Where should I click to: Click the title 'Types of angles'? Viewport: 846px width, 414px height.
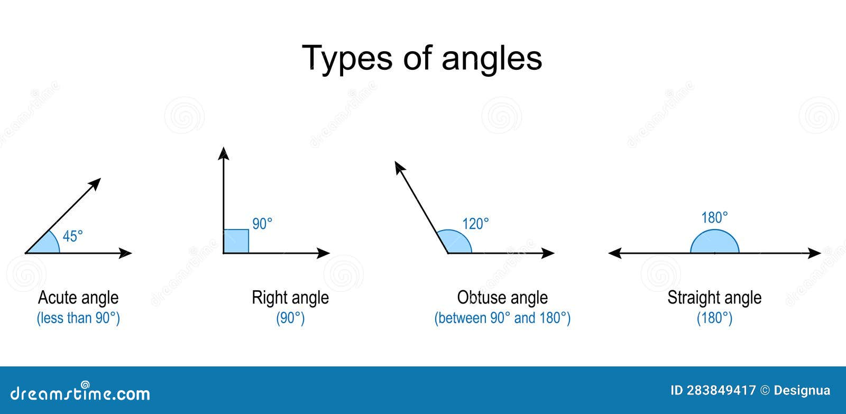(421, 58)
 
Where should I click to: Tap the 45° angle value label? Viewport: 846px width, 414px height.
(73, 236)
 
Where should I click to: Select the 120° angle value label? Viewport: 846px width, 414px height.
(475, 224)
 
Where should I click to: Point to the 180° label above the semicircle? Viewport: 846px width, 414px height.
(714, 217)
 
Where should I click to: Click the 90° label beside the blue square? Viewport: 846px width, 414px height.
(262, 224)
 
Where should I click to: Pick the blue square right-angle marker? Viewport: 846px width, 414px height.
(236, 241)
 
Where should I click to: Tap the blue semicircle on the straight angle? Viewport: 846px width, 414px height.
(714, 243)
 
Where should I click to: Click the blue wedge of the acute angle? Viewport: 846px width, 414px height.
(49, 245)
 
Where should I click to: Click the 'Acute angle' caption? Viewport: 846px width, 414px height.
(78, 298)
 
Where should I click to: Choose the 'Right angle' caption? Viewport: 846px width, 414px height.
(290, 298)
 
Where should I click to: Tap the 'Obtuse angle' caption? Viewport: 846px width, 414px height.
(502, 298)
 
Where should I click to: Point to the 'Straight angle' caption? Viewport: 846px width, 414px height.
(714, 298)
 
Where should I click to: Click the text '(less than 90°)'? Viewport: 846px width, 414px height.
(78, 318)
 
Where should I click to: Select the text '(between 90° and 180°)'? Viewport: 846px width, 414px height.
(502, 318)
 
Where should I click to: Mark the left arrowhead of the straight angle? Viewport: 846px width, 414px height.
(614, 253)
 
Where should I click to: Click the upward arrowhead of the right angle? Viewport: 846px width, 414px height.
(224, 153)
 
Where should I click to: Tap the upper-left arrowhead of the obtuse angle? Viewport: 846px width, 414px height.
(399, 168)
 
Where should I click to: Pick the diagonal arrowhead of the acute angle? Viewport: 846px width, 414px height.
(95, 183)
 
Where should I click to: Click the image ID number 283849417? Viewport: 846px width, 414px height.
(721, 391)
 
